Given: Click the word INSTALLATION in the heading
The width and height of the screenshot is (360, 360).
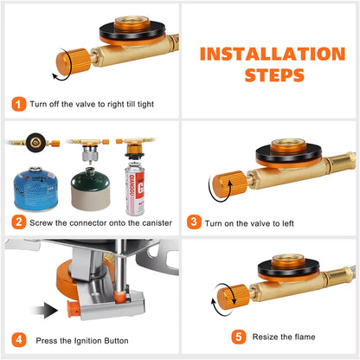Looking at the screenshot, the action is coord(273,54).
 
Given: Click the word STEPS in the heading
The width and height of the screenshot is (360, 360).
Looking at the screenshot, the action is coord(274,75).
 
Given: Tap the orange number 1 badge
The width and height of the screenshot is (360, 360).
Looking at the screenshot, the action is coord(19,104).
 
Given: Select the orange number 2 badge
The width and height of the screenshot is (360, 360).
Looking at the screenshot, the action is coord(19,222).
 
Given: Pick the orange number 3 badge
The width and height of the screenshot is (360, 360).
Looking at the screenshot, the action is coord(194,222).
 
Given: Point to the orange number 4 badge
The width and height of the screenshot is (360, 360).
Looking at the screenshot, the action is coord(19,340).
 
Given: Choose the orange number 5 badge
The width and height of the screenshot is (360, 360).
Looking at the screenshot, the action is coord(239,337).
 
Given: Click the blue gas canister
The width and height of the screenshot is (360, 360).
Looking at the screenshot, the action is coord(35,188).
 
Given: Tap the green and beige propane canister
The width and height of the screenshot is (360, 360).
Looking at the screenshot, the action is coord(91,190).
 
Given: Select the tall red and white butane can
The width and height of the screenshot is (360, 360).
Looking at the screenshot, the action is coord(135,189).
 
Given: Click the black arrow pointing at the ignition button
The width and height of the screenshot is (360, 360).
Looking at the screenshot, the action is coord(44,310).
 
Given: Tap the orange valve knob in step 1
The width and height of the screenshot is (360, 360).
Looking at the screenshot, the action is coord(73,61).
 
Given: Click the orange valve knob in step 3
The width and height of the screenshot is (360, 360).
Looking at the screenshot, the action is coord(229,184).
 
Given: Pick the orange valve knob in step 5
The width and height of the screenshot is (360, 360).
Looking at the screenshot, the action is coord(234,297).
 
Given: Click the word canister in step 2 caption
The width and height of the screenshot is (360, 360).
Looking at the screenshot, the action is coord(157,223).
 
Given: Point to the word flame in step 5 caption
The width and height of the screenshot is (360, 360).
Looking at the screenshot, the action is coord(305,337).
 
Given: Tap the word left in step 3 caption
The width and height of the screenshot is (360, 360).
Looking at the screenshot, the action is coord(288,223).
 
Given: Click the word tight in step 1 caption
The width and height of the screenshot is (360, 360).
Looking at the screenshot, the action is coord(145,105).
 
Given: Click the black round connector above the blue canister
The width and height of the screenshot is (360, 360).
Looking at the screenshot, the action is coord(35,143).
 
